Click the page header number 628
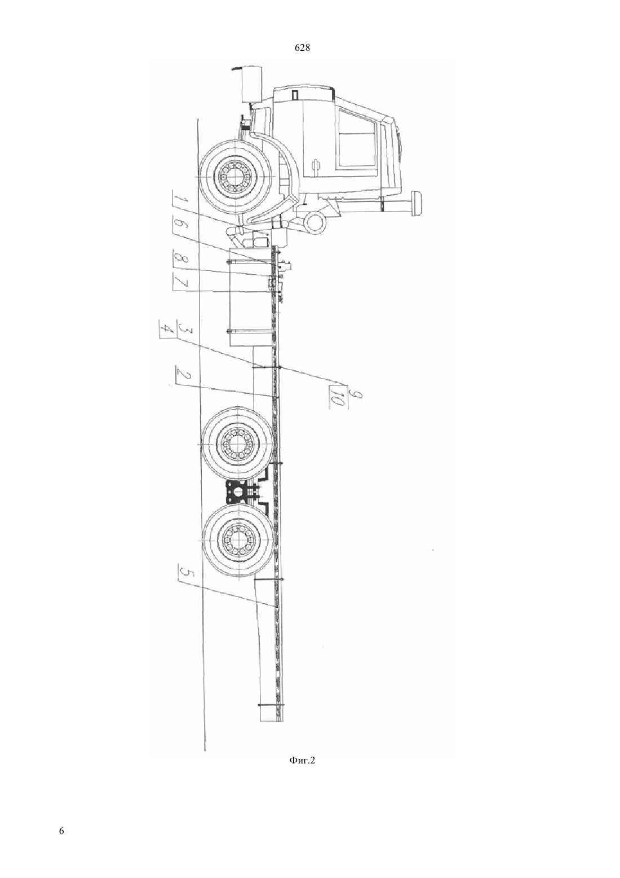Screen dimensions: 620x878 coord(302,48)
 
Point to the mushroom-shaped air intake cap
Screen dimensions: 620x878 coord(416,204)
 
